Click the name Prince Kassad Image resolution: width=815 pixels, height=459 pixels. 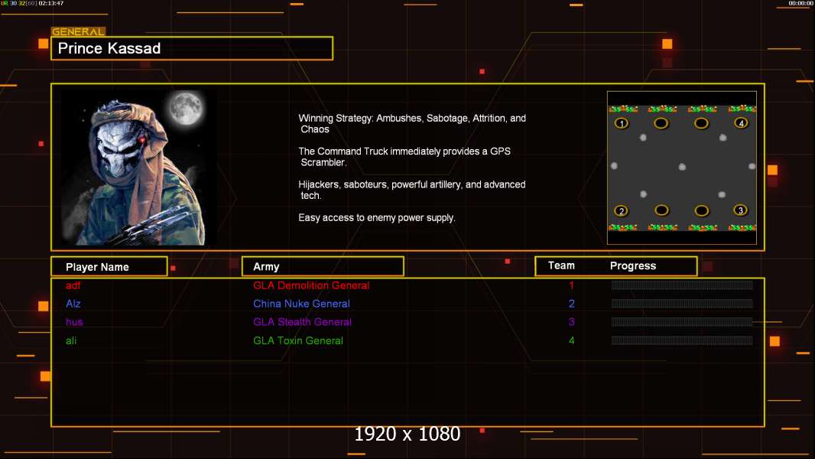[109, 48]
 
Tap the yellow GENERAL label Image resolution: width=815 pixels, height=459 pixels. [79, 31]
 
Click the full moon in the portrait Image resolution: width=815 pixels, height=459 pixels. [186, 108]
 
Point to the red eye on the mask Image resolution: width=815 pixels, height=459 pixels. [142, 140]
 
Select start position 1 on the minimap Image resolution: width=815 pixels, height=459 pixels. [622, 123]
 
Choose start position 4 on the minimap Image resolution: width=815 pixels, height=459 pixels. [741, 123]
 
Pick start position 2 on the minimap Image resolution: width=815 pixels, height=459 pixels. [621, 211]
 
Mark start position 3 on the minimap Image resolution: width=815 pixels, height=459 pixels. [741, 210]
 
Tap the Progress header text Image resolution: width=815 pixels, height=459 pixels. [632, 265]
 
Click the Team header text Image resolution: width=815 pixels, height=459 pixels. [561, 265]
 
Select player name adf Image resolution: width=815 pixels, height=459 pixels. [73, 285]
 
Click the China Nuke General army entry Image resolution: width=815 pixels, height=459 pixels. [301, 304]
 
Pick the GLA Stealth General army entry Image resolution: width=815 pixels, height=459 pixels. [303, 322]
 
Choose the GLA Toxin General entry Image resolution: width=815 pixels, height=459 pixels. [298, 340]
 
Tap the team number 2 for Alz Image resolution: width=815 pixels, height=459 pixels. [572, 304]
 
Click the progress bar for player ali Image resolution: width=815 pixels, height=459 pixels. [682, 340]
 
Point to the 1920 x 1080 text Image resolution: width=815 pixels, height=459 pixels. [407, 434]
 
